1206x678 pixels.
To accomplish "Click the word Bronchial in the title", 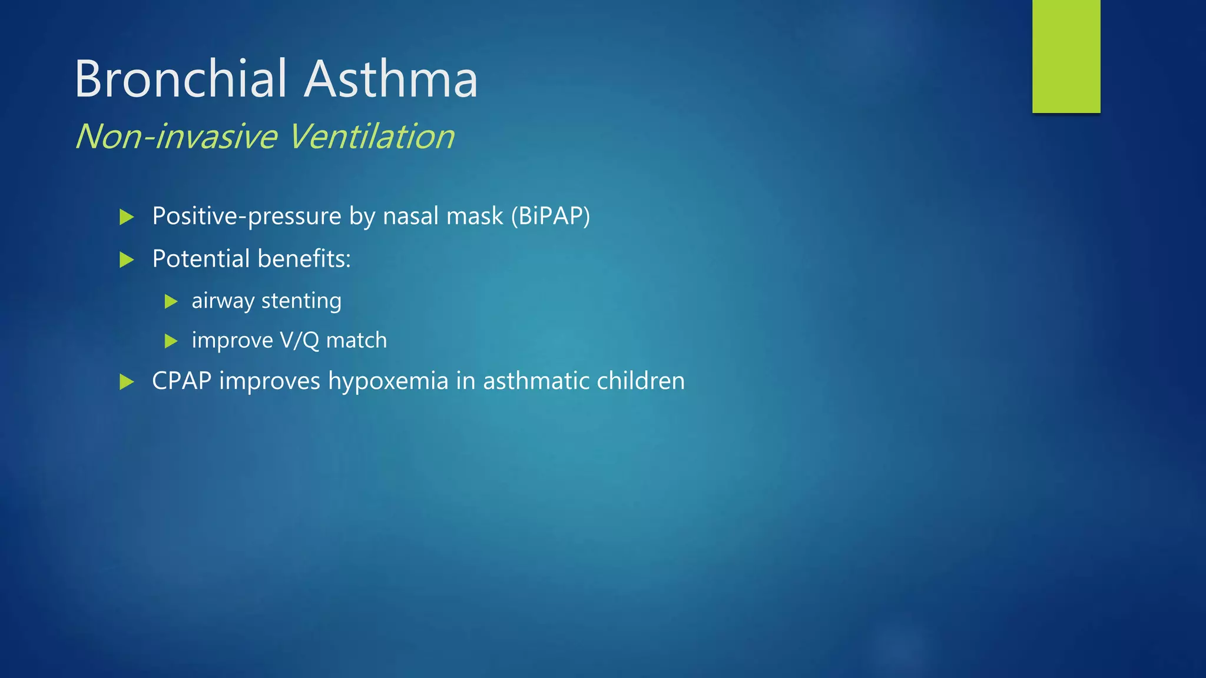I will click(x=181, y=79).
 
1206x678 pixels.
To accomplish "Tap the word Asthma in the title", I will click(x=390, y=79).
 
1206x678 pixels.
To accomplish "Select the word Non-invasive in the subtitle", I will click(x=176, y=137).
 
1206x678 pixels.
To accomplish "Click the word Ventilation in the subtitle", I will click(x=372, y=137).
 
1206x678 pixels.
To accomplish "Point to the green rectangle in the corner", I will click(x=1066, y=56).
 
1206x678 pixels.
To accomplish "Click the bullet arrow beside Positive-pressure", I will click(x=127, y=217).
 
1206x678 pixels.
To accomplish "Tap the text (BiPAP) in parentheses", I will click(x=550, y=216).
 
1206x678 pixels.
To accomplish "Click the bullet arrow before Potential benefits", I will click(x=127, y=260).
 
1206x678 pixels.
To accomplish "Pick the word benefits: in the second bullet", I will click(x=304, y=259).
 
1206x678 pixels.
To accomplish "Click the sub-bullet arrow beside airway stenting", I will click(x=171, y=302).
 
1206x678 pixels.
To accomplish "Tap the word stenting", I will click(x=301, y=301).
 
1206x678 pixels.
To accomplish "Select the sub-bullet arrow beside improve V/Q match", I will click(x=171, y=341).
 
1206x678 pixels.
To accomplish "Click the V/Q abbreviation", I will click(x=299, y=340).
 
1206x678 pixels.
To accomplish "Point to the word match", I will click(x=356, y=340).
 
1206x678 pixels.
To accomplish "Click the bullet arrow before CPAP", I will click(x=127, y=382).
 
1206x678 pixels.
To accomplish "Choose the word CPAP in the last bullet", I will click(x=181, y=381).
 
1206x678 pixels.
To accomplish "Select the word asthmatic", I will click(x=536, y=381).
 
